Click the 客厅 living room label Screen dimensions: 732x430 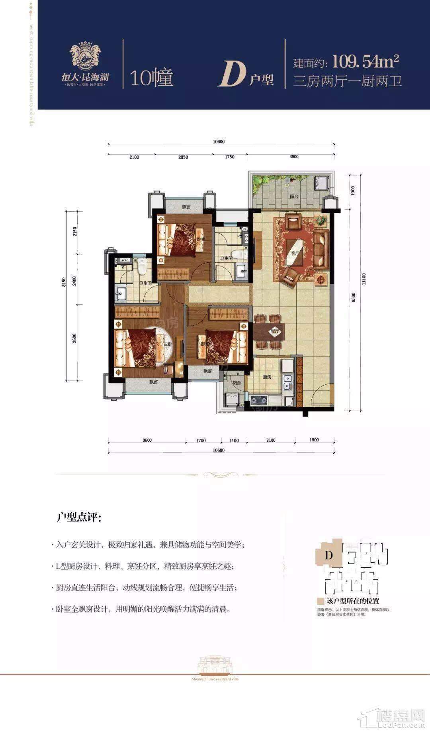[x=295, y=253]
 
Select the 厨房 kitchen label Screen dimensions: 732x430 [x=267, y=376]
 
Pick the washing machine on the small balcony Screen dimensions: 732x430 [x=231, y=400]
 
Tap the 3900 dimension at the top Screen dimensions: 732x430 [x=294, y=157]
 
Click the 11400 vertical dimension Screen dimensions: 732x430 [x=363, y=279]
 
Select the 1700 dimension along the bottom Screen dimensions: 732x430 [x=201, y=441]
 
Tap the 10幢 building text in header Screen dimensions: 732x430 [x=151, y=78]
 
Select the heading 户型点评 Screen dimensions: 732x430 [x=79, y=518]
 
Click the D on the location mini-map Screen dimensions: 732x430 [x=328, y=555]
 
